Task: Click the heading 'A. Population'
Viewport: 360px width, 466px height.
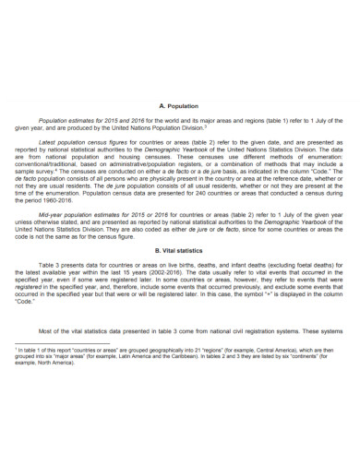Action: click(179, 106)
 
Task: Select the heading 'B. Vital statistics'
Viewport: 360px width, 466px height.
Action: click(179, 250)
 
